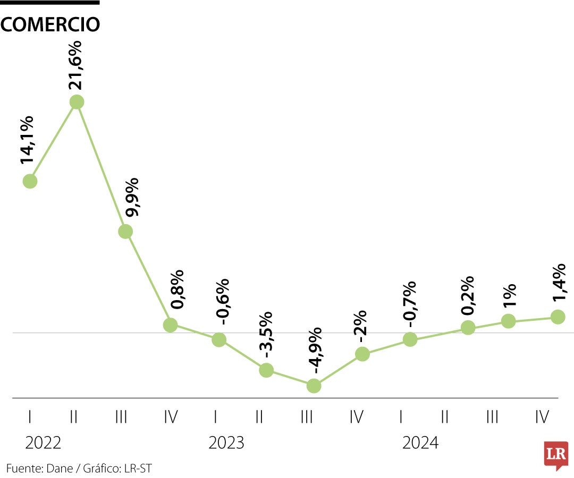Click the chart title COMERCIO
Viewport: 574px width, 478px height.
coord(50,24)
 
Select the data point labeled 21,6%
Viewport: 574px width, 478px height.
coord(77,101)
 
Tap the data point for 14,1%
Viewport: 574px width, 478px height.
coord(30,181)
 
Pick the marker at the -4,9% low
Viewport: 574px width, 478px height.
coord(314,386)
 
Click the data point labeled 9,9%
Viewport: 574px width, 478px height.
coord(125,231)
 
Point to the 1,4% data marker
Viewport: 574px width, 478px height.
coord(558,317)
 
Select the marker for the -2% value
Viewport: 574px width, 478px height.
coord(362,354)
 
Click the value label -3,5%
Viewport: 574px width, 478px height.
coord(266,335)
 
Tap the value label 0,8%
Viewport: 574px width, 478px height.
coord(178,290)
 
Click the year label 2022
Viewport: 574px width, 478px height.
coord(43,442)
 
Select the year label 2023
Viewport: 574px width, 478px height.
coord(226,442)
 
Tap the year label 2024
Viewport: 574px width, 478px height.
coord(420,442)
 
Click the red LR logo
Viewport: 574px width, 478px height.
coord(556,455)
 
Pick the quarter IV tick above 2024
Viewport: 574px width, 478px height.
coord(542,417)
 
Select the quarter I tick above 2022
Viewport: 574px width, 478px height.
coord(30,417)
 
